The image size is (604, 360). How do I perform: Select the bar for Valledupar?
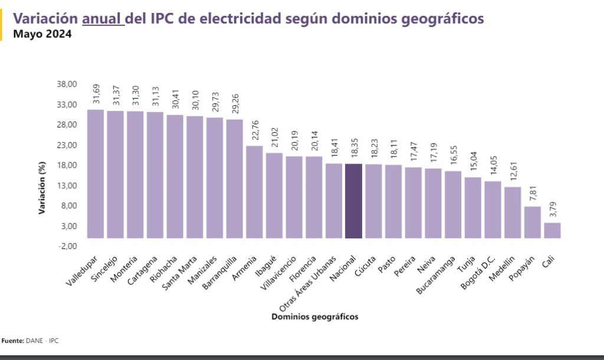[x=95, y=174]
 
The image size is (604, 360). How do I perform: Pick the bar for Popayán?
[x=532, y=222]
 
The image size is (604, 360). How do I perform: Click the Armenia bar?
[x=254, y=192]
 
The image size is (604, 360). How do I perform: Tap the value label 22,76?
[x=254, y=130]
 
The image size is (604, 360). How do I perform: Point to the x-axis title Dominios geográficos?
[x=314, y=317]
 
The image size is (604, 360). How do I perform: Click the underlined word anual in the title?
[x=103, y=19]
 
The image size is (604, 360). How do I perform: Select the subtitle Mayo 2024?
[x=42, y=34]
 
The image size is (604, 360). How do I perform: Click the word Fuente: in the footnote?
[x=12, y=341]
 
